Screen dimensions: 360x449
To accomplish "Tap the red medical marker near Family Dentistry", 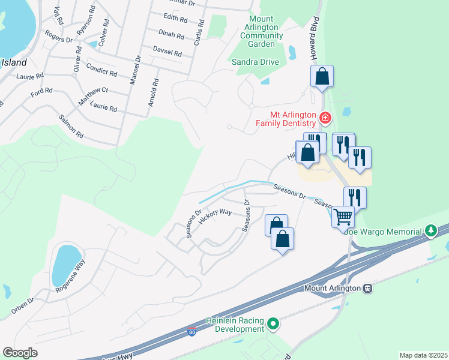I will click(x=325, y=118).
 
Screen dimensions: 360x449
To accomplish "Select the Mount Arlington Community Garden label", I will click(x=262, y=31).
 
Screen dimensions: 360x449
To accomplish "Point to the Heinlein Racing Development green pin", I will click(x=274, y=325).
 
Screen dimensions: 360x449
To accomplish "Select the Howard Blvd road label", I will click(x=313, y=32).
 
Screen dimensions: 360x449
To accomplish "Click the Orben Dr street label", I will click(x=23, y=307).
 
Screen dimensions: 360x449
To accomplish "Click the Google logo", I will click(x=20, y=353).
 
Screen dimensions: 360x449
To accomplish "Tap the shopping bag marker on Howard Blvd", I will click(x=322, y=76).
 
